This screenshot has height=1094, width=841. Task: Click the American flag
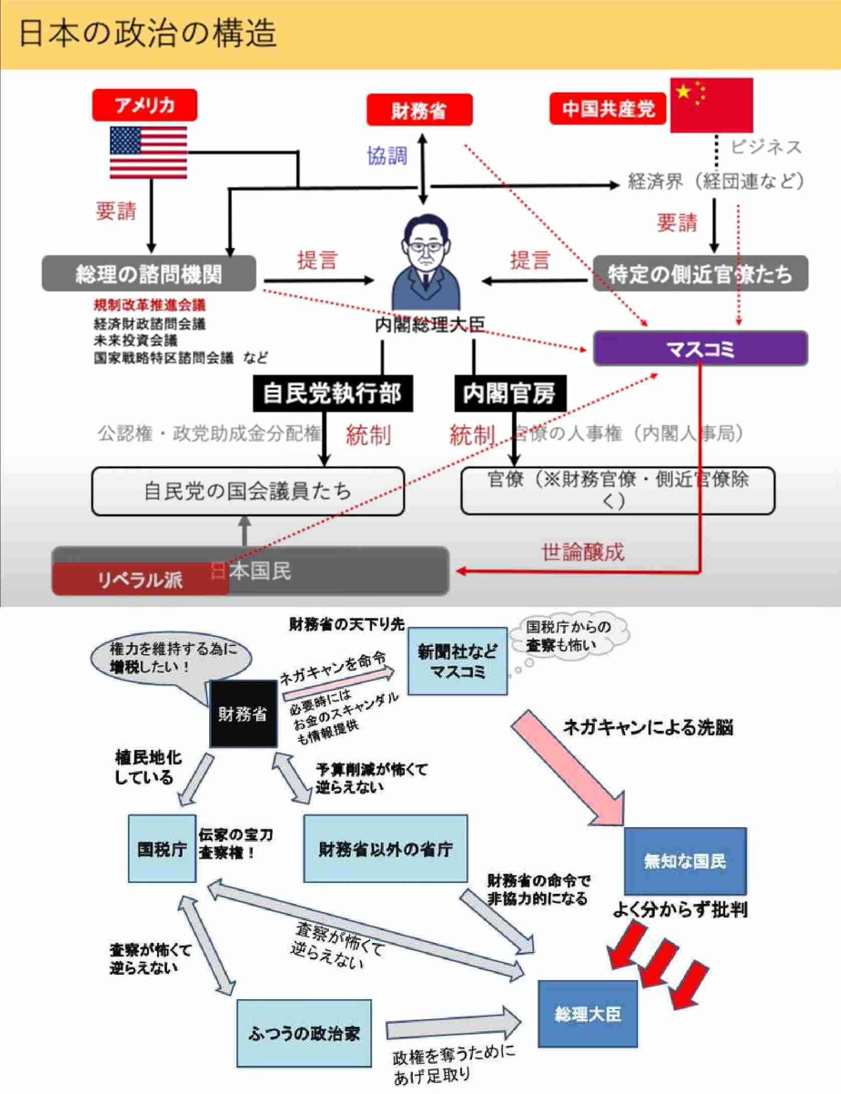coord(148,152)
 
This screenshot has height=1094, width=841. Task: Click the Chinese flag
coord(711,105)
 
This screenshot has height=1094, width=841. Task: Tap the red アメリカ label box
coord(144,105)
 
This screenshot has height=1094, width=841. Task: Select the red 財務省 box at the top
coord(419,110)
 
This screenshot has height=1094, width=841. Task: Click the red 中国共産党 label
coord(608,108)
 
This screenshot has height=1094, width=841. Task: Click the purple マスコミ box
coord(700,349)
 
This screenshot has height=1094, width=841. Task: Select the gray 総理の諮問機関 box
coord(148,274)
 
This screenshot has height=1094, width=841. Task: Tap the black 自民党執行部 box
coord(332,393)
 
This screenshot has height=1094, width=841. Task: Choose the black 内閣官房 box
coord(510,393)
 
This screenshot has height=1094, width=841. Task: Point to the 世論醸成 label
coord(583,552)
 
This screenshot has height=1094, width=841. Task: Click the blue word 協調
coord(387,156)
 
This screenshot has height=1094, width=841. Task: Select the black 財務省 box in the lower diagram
coord(243,714)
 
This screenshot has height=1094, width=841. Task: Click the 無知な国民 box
coord(685,861)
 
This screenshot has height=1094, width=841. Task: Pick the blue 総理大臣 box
coord(587,1014)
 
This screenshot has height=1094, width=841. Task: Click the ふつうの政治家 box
coord(304,1033)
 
